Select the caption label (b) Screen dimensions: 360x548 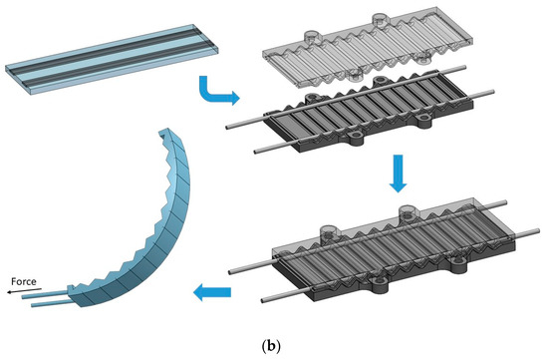[x=273, y=346]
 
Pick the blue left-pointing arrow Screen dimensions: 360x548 [x=212, y=292]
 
